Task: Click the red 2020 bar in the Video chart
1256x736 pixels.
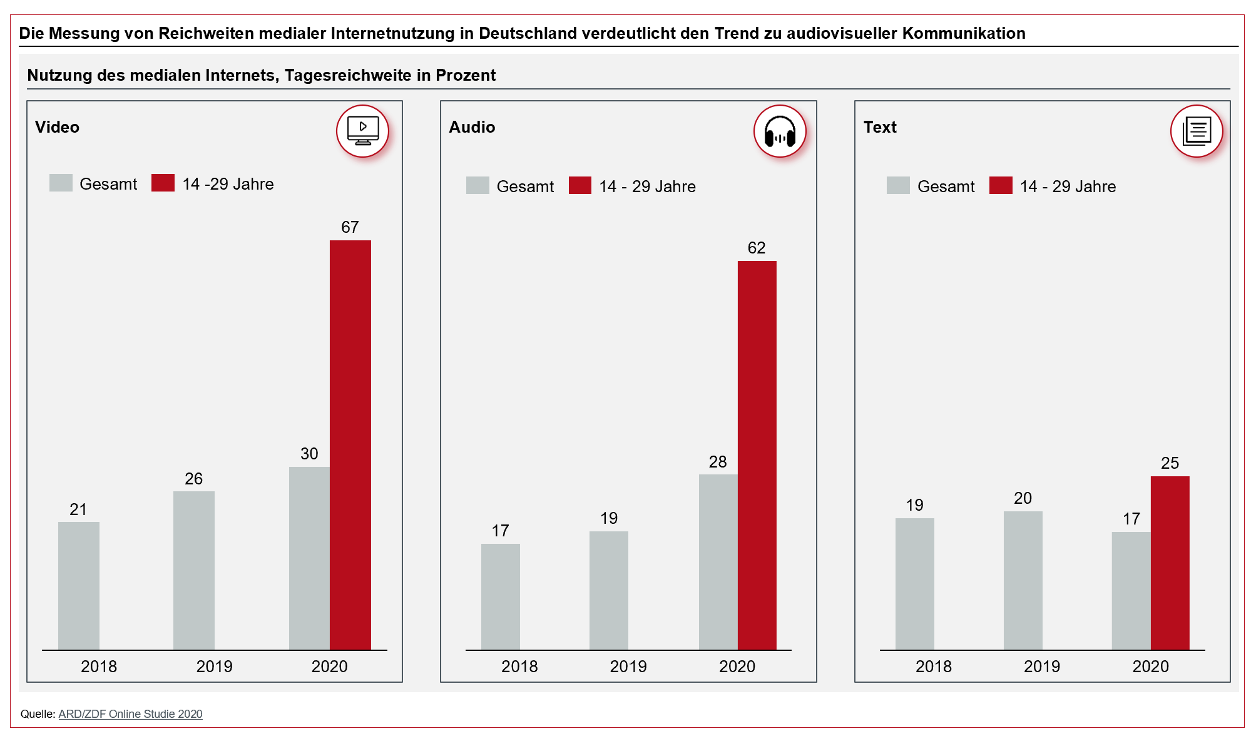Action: (x=350, y=444)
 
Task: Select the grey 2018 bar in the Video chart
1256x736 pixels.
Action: (x=79, y=585)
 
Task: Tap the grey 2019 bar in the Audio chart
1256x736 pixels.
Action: (x=608, y=590)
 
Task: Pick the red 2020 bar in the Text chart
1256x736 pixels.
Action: (x=1169, y=563)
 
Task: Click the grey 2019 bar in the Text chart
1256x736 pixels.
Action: (x=1023, y=580)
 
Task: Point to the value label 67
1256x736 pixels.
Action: (x=350, y=227)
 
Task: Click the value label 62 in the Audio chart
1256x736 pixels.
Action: (x=756, y=248)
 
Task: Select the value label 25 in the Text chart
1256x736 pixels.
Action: (x=1169, y=463)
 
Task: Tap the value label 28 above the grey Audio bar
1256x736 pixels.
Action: (x=717, y=462)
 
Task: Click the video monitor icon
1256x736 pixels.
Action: (x=362, y=131)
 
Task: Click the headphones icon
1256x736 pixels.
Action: (x=779, y=131)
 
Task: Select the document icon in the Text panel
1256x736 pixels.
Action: (x=1196, y=131)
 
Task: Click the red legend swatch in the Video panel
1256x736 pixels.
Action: (x=163, y=183)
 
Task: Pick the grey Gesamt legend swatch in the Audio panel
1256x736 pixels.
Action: (x=477, y=185)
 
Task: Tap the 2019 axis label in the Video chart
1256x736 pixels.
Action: (x=214, y=667)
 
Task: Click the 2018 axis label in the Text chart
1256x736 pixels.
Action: (x=933, y=667)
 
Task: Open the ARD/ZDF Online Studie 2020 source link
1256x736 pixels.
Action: (x=130, y=714)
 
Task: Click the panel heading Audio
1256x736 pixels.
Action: (x=472, y=127)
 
